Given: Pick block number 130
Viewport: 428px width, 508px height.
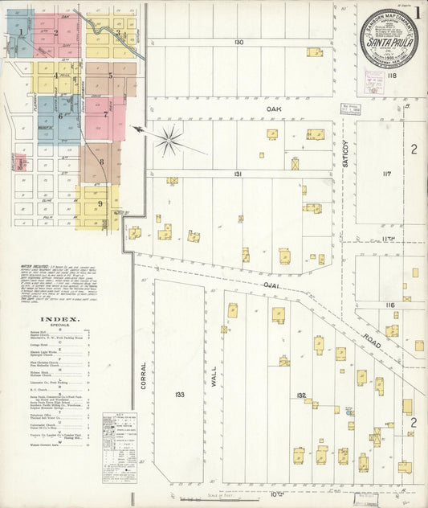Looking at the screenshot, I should click(238, 41).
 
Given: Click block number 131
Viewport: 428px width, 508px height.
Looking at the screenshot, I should click(238, 173).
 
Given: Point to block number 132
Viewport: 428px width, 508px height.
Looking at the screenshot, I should click(301, 395).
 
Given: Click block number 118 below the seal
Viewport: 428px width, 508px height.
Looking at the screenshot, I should click(392, 76).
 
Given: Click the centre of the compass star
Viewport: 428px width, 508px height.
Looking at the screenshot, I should click(169, 141).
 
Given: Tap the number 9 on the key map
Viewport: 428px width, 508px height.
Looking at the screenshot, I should click(100, 203).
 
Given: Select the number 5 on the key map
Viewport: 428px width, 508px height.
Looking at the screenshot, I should click(110, 76).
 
